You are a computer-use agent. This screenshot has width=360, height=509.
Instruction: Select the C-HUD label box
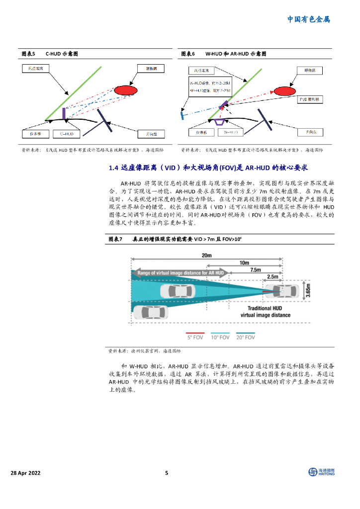(67, 134)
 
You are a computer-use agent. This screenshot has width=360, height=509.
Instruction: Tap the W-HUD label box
(230, 133)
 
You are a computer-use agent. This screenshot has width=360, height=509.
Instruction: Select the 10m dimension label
(244, 262)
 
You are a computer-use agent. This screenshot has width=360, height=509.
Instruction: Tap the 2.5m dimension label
(272, 277)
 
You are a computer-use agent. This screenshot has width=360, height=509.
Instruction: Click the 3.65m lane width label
(308, 291)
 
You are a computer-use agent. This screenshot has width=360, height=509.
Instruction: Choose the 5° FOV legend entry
(196, 337)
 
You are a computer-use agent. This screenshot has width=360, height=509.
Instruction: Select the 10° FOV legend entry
(221, 337)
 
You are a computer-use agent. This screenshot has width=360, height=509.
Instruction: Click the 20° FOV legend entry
(246, 337)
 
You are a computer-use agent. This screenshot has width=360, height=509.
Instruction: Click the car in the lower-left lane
(151, 312)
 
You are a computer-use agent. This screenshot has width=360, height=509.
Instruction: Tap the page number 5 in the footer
(167, 473)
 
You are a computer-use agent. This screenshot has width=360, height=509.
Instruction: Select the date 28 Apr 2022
(27, 473)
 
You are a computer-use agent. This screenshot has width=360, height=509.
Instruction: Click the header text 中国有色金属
(309, 19)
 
